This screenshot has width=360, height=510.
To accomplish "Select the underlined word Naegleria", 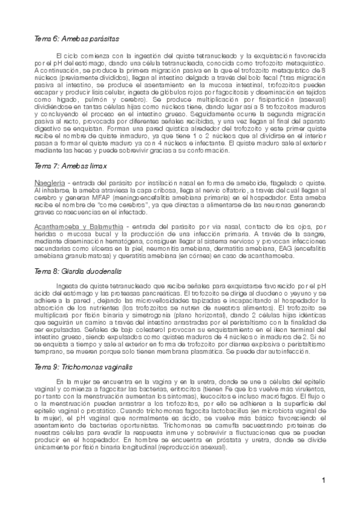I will tap(48, 182).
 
